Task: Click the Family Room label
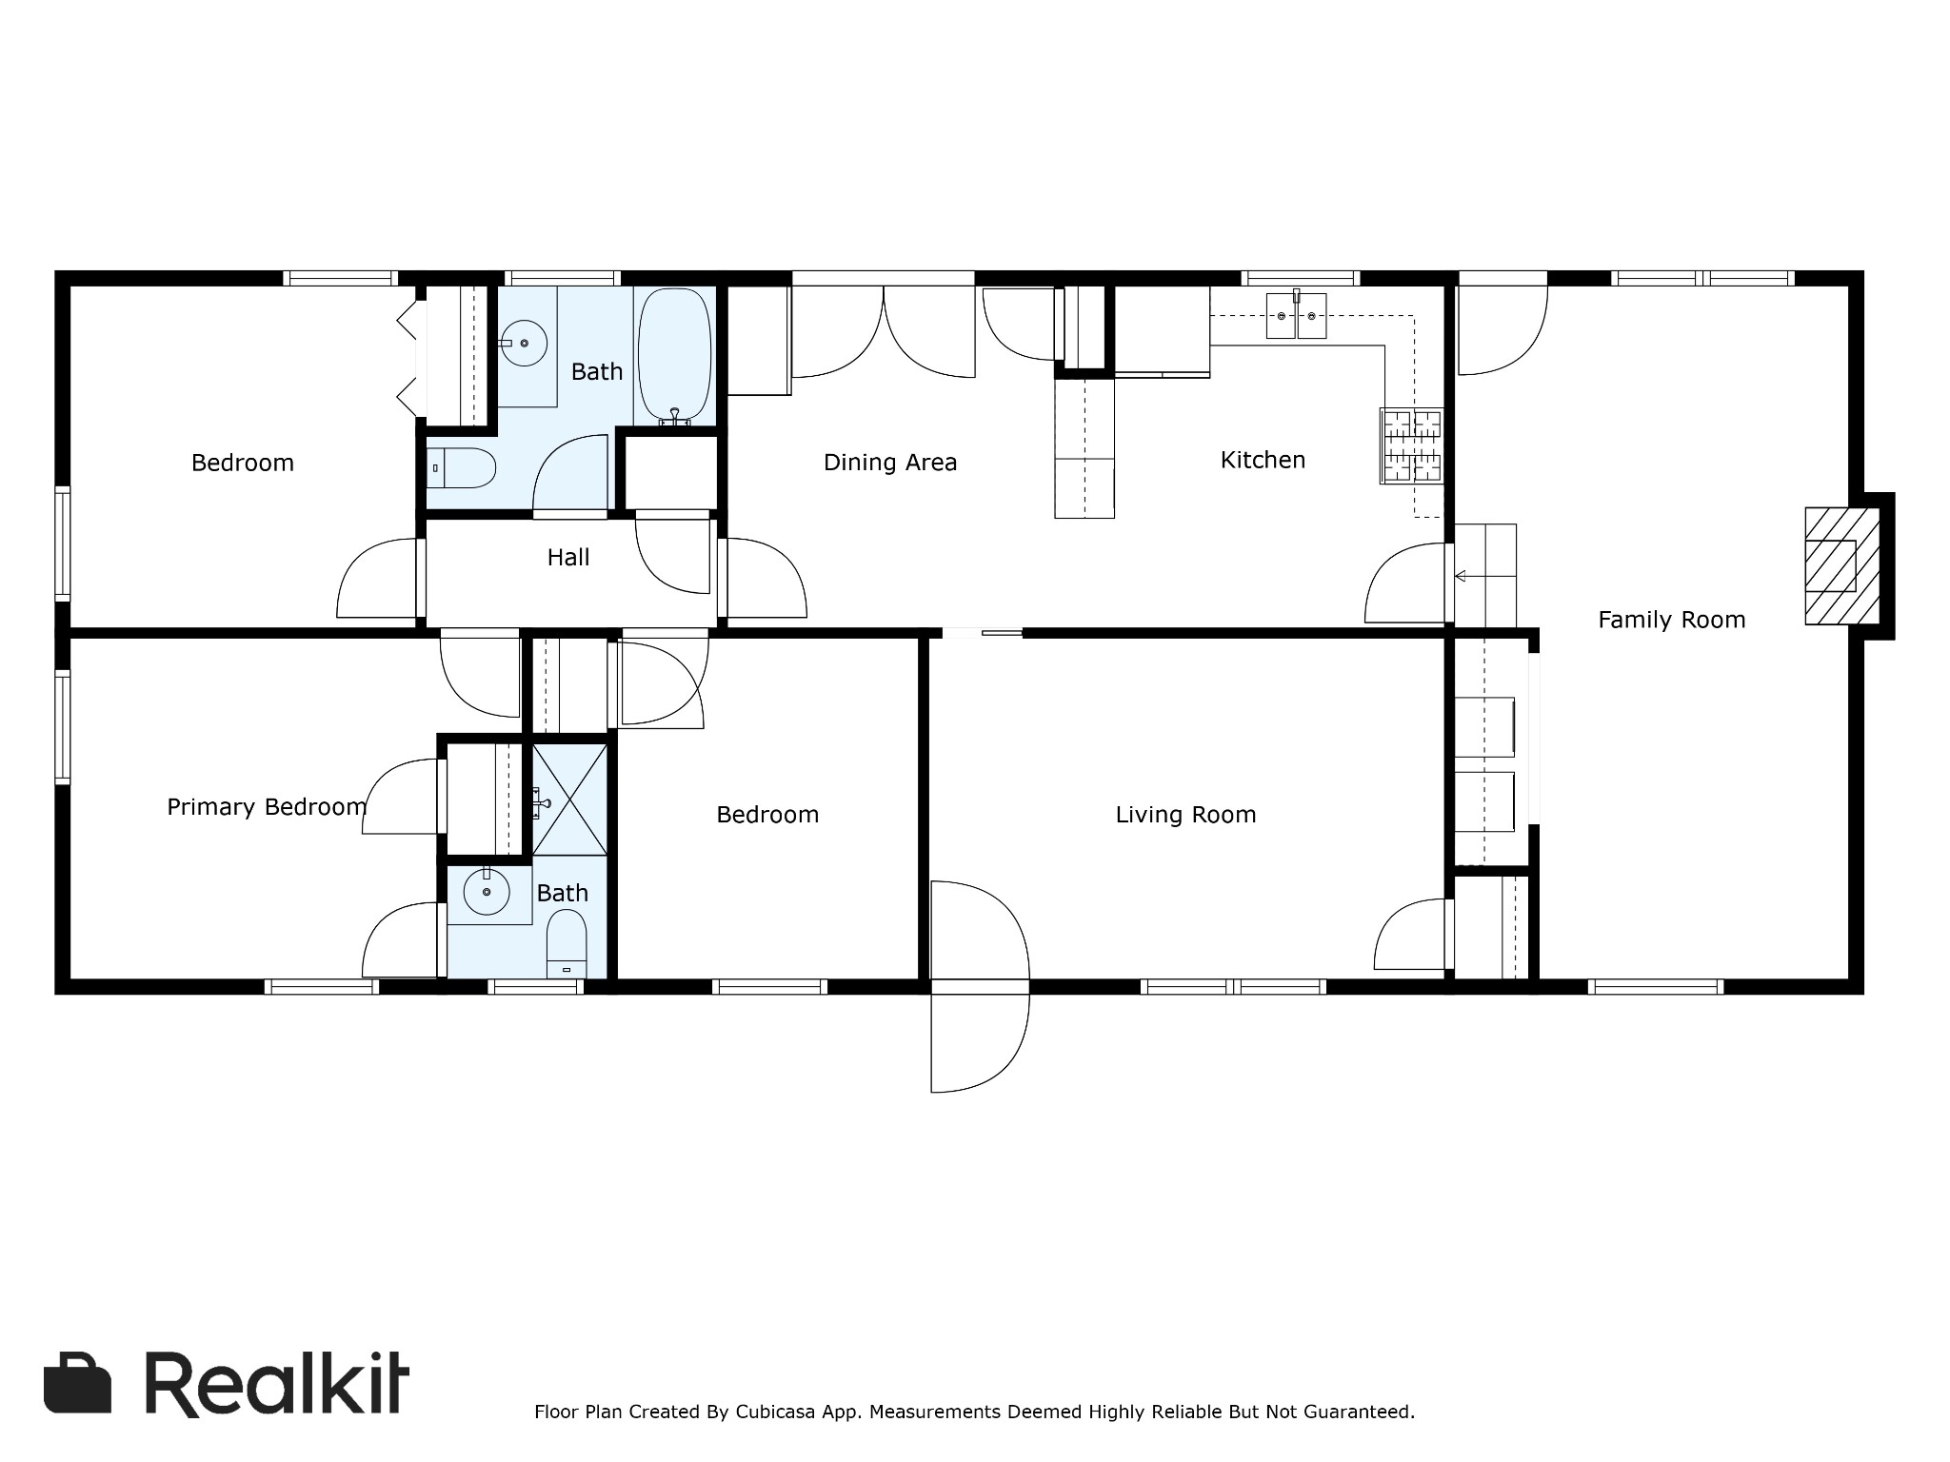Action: click(x=1671, y=620)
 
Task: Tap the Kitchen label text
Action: click(x=1263, y=460)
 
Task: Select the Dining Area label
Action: click(x=889, y=463)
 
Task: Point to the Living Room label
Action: click(x=1185, y=815)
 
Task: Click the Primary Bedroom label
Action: click(x=267, y=807)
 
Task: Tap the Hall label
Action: click(x=568, y=558)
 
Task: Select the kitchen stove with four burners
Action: click(x=1412, y=445)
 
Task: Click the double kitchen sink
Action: click(x=1296, y=316)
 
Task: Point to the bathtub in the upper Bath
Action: click(x=674, y=356)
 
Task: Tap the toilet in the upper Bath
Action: click(x=461, y=468)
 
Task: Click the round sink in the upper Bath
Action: click(x=524, y=343)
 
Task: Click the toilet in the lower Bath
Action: click(x=567, y=943)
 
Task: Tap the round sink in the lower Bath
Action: click(x=487, y=892)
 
